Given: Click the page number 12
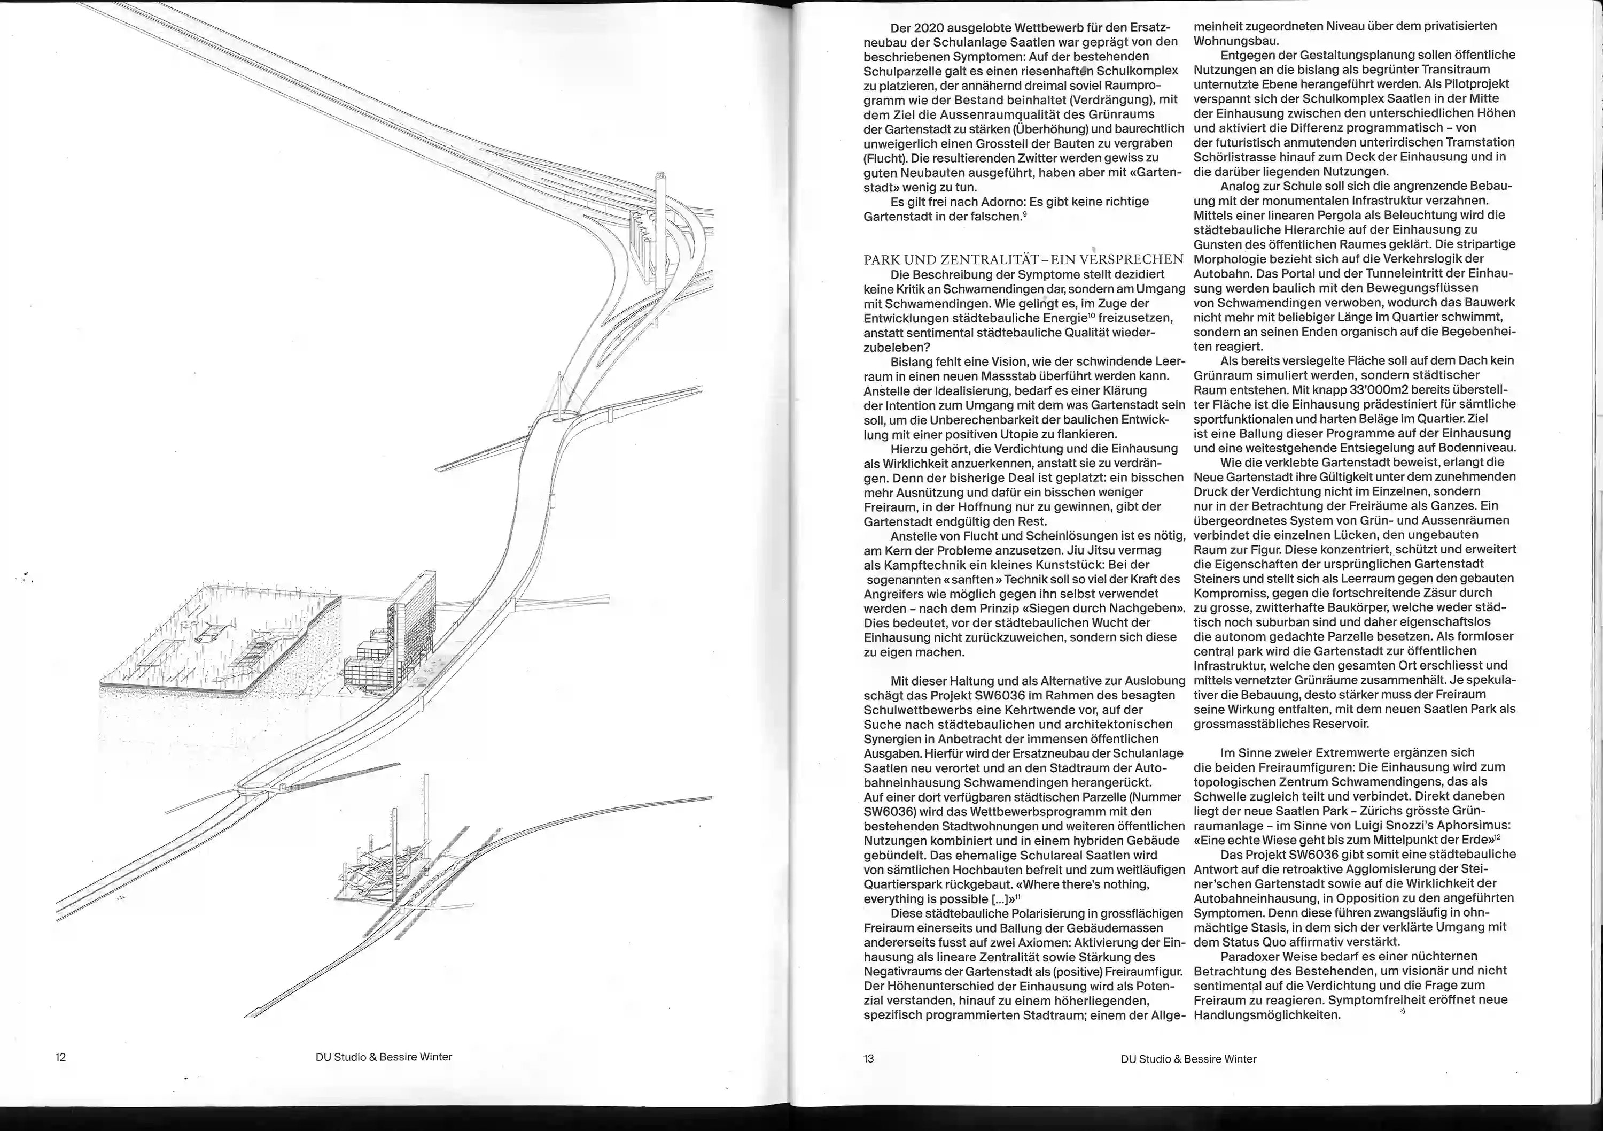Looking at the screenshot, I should pyautogui.click(x=61, y=1057).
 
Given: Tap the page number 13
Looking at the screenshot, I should pyautogui.click(x=868, y=1058).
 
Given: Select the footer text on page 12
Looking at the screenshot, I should pyautogui.click(x=383, y=1057).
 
